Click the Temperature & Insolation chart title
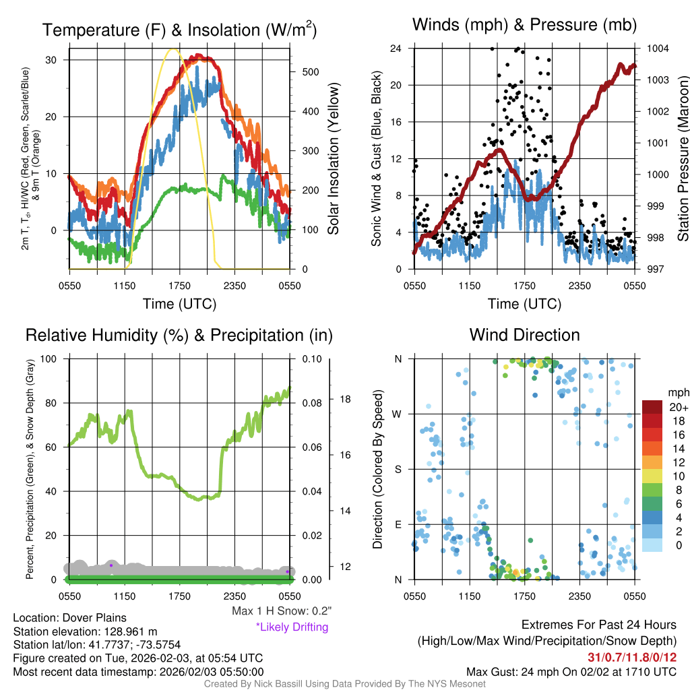pyautogui.click(x=179, y=30)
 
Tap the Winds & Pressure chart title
pyautogui.click(x=525, y=26)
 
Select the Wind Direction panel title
pyautogui.click(x=525, y=335)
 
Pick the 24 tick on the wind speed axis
pyautogui.click(x=396, y=49)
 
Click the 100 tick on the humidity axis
pyautogui.click(x=54, y=358)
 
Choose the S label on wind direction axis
pyautogui.click(x=398, y=469)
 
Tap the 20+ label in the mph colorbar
pyautogui.click(x=678, y=408)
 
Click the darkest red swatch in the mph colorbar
pyautogui.click(x=653, y=408)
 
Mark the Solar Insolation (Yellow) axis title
pyautogui.click(x=333, y=159)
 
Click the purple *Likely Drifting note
pyautogui.click(x=292, y=627)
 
